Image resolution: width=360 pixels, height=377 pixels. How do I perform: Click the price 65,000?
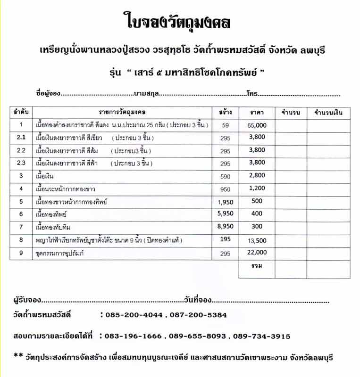257,125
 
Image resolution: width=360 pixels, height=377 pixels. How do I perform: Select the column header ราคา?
257,113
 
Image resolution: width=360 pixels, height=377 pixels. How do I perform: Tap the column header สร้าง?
225,113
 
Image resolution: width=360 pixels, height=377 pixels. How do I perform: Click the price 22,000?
257,253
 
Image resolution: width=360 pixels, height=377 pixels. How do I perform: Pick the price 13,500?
257,241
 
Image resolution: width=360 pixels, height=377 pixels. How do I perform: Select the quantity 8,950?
225,227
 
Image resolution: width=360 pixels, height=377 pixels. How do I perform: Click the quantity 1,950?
225,202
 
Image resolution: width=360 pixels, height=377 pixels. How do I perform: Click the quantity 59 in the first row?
225,125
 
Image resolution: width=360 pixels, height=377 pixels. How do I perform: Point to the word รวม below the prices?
257,266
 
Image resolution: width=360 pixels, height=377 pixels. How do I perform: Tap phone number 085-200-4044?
131,315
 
